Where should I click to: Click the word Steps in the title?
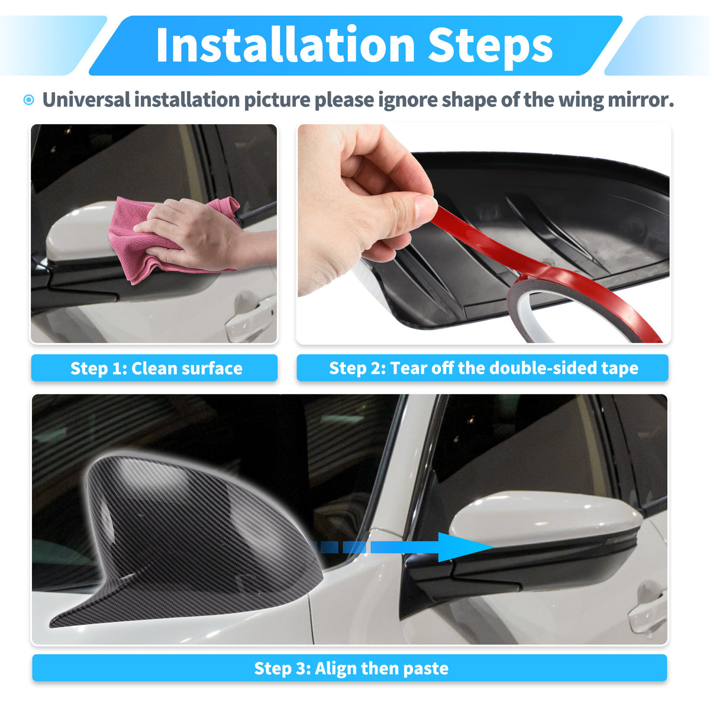[x=490, y=47]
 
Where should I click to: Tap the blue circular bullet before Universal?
[x=29, y=100]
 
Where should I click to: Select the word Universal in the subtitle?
[x=86, y=99]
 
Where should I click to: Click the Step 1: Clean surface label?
[x=154, y=368]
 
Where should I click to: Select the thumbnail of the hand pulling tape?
[x=484, y=234]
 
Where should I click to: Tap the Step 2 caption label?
[x=482, y=368]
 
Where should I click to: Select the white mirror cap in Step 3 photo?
[x=546, y=519]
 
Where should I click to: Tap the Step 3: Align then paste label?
[x=350, y=668]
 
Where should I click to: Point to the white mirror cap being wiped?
[x=79, y=232]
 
